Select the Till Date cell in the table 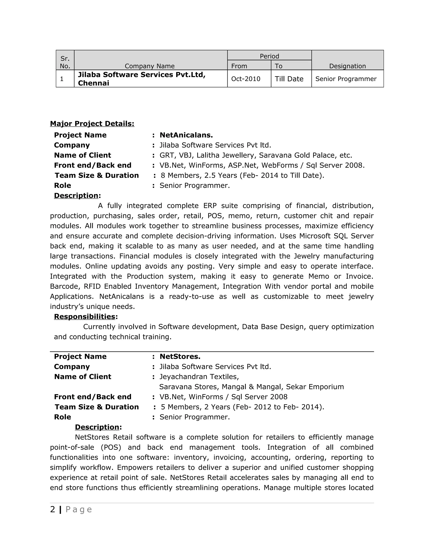coord(289,79)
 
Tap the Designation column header coord(347,66)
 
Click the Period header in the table coord(269,56)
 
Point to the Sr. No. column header coord(65,62)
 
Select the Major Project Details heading coord(92,124)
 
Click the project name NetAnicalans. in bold coord(186,135)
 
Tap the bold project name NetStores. coord(180,357)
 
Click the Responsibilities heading coord(85,317)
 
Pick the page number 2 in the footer coord(53,510)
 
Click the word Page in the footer coord(79,510)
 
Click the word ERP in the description coord(210,206)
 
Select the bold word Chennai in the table coord(93,83)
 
